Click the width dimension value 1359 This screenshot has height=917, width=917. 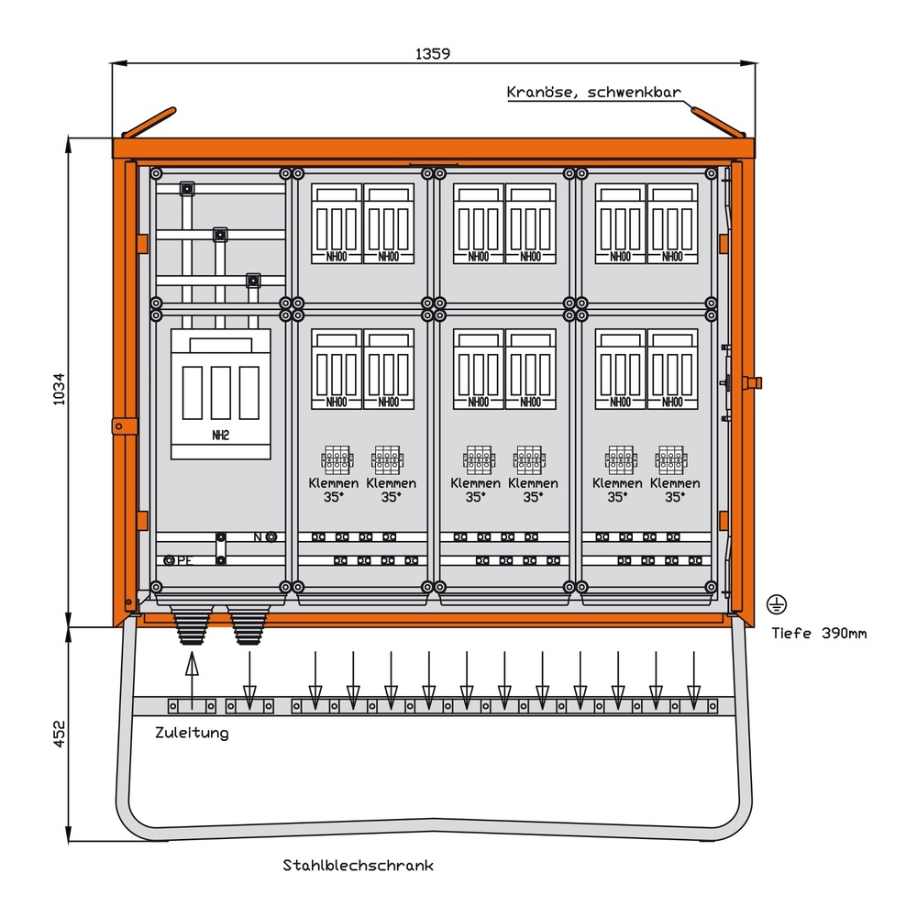coord(432,53)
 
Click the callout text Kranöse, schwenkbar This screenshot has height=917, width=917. coord(594,92)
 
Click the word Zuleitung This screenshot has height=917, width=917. coord(192,733)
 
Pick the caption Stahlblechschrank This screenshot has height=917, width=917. coord(358,865)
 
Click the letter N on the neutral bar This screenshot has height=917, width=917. coord(258,536)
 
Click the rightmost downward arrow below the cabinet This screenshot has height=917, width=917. coord(693,679)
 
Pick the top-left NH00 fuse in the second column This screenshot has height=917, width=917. coord(337,224)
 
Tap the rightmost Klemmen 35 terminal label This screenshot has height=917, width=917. coord(675,490)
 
